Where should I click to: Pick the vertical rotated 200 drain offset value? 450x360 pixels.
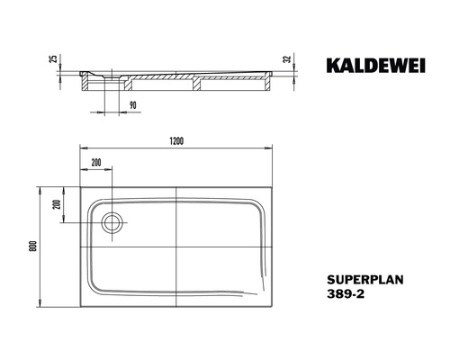[55, 204]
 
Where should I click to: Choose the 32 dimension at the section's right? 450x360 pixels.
[286, 60]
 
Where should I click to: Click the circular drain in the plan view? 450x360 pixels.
[112, 220]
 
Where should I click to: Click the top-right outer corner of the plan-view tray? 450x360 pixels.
[273, 187]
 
